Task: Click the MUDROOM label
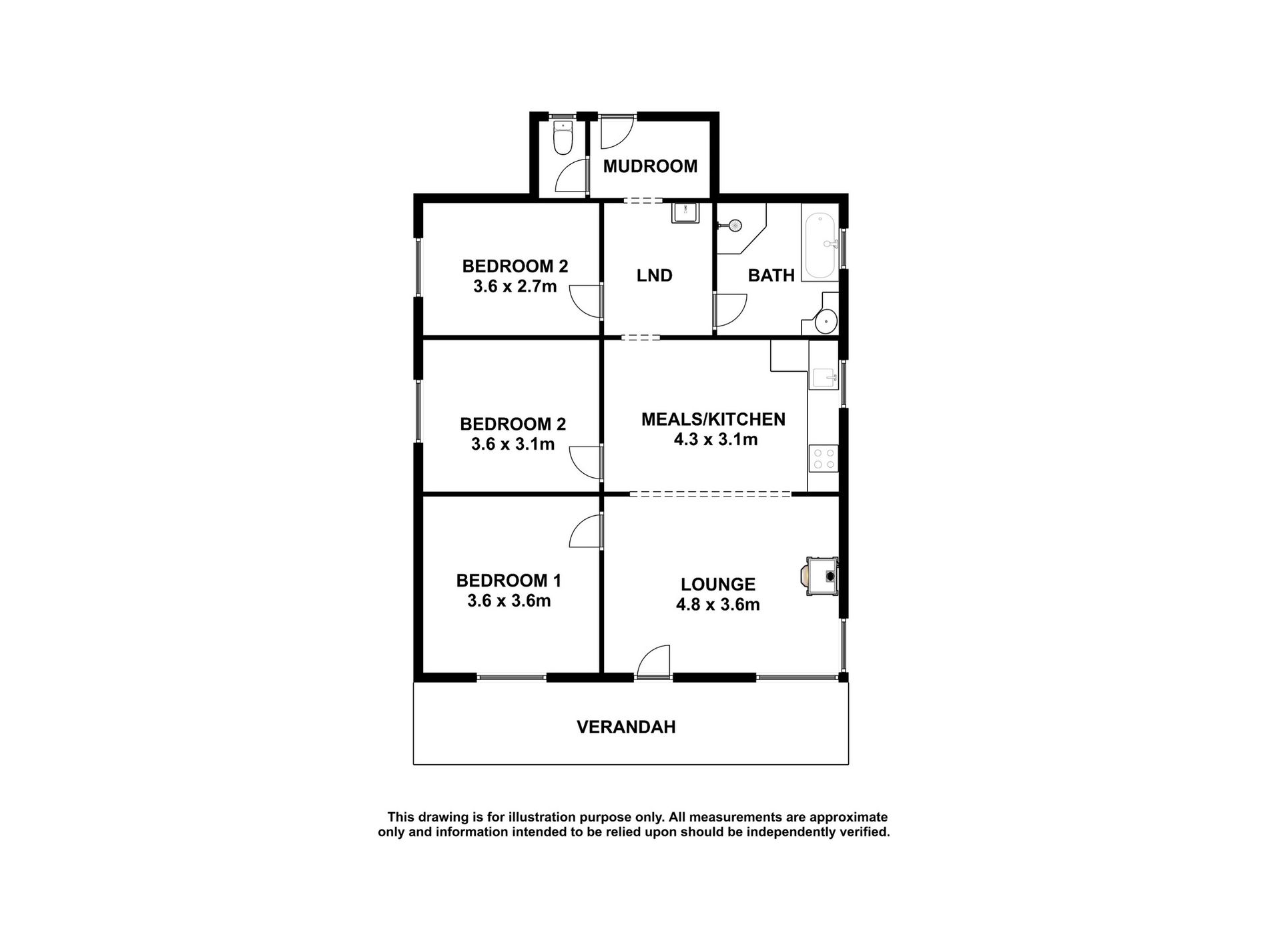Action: (650, 166)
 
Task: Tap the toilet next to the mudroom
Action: (563, 138)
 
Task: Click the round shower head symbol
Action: (735, 225)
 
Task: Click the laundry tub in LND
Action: (685, 213)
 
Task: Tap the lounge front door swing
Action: (653, 661)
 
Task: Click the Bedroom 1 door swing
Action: (587, 531)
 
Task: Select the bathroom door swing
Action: (730, 310)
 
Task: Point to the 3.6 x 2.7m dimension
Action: (515, 287)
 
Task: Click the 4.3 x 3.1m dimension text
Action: (716, 440)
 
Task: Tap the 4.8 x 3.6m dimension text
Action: (718, 605)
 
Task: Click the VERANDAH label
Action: (626, 727)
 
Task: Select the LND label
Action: (654, 275)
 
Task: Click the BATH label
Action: (771, 275)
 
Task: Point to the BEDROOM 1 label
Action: (509, 581)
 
